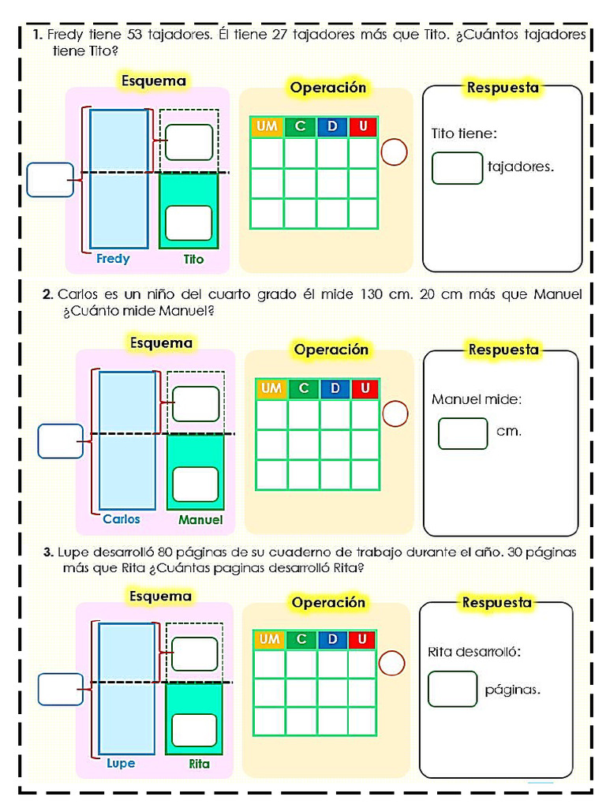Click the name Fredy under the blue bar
pos(113,259)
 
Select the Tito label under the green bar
pos(193,259)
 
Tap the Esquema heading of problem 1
pos(153,80)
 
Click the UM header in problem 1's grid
pos(267,127)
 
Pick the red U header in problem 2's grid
pos(365,388)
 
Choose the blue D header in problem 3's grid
pos(332,639)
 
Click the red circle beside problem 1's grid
pos(394,152)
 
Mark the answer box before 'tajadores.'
pos(457,168)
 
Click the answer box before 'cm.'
pos(463,433)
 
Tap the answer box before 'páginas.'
pos(452,689)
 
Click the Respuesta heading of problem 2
pos(503,349)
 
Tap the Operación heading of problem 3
pos(328,603)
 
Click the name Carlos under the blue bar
pos(122,519)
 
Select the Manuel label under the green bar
pos(200,520)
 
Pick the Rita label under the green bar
pos(199,765)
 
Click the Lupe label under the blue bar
pos(121,764)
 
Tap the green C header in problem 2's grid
pos(304,388)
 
